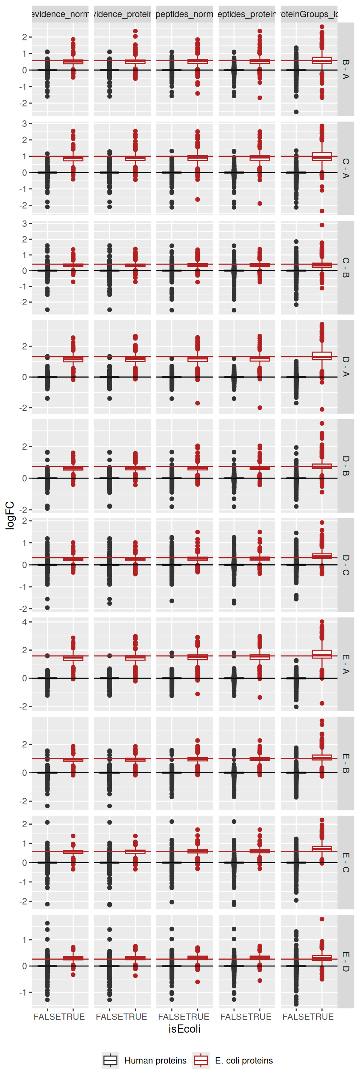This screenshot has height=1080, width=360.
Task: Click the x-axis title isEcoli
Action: pos(184,1029)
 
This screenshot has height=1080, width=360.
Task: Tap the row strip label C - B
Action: pos(345,267)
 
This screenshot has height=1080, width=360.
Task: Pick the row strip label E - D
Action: pos(345,962)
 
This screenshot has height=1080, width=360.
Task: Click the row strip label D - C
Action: pos(345,565)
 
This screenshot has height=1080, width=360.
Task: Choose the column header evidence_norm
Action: pos(60,14)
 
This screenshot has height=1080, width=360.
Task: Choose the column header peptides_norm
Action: pos(184,14)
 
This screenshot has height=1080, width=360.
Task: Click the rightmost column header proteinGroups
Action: pos(309,14)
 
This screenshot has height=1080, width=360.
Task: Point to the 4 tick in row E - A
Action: pos(25,622)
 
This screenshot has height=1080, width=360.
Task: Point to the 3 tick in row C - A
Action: pos(25,124)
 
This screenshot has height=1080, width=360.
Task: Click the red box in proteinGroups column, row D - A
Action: pos(322,356)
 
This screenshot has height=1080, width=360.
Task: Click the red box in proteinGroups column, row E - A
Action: pos(322,654)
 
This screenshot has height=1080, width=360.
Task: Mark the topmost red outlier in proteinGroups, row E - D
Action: pos(322,919)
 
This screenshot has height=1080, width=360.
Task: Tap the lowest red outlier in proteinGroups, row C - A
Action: pos(322,211)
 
